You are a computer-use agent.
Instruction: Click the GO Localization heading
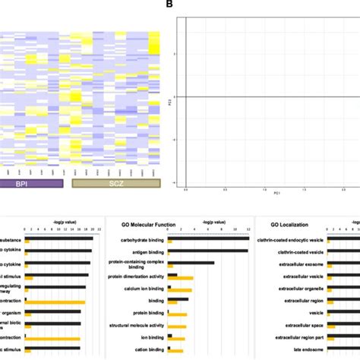coord(294,223)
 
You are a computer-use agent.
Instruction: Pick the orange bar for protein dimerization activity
coord(181,279)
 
